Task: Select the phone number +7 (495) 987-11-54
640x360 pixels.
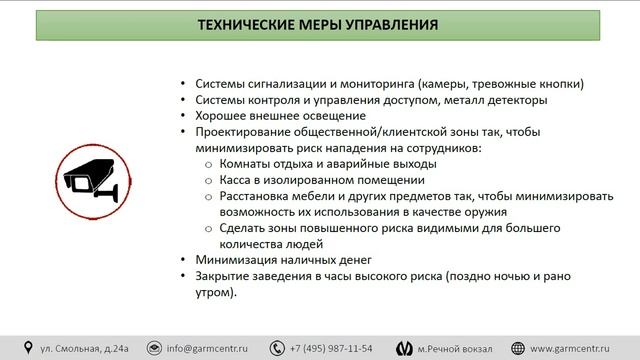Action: click(x=331, y=348)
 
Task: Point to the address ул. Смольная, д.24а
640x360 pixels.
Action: click(x=82, y=348)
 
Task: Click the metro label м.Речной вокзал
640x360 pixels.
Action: click(x=456, y=348)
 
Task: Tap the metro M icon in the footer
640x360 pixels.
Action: click(x=402, y=348)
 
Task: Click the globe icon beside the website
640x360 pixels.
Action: click(x=519, y=348)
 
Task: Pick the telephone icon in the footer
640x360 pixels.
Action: click(x=280, y=348)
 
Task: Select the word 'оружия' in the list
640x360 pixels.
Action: click(x=483, y=212)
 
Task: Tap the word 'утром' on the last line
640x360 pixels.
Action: click(x=214, y=291)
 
